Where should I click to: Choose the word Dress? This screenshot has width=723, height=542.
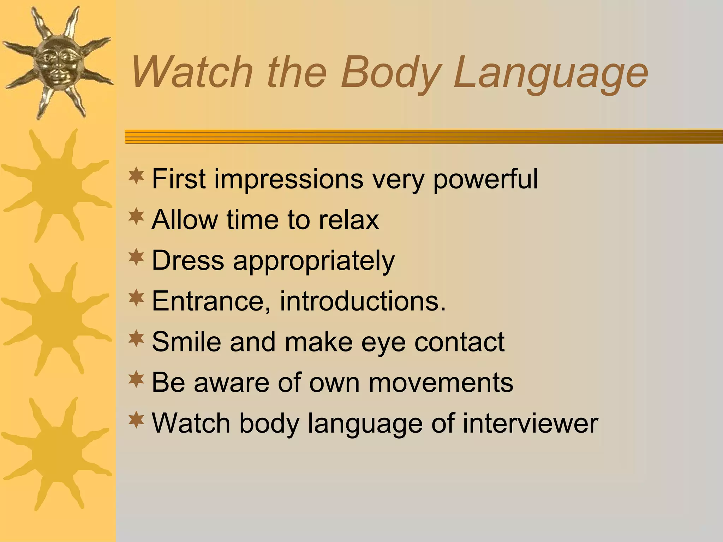coord(188,260)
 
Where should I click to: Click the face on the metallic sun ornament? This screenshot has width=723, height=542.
coord(56,62)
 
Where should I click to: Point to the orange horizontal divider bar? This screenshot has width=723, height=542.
coord(424,137)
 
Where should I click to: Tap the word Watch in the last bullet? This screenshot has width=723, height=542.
coord(191,423)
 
